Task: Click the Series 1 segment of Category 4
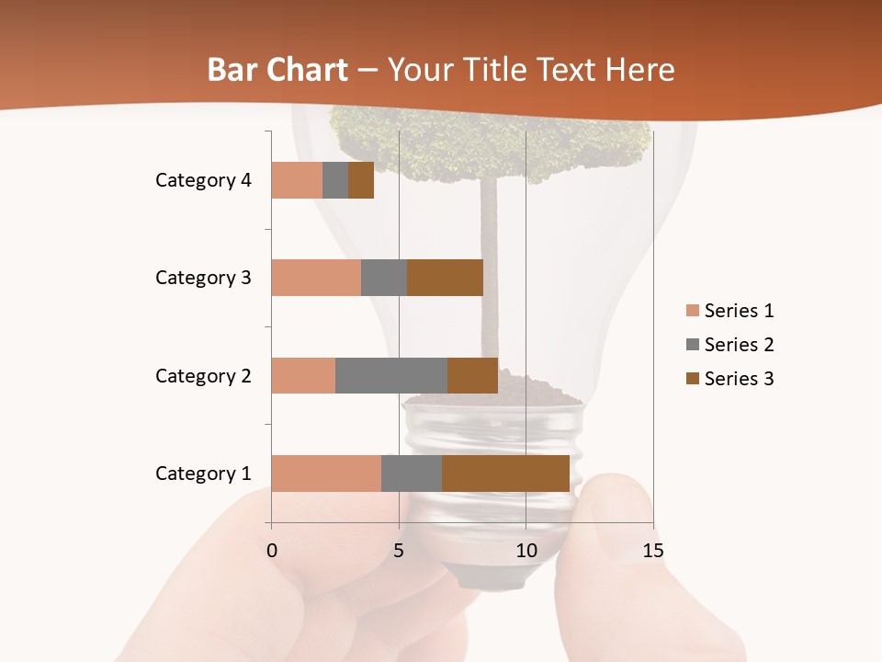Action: click(x=297, y=180)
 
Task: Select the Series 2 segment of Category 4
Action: click(x=335, y=180)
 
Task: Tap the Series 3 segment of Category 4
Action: click(x=361, y=180)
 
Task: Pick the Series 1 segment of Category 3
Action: click(x=316, y=278)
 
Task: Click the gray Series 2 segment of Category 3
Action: click(x=384, y=278)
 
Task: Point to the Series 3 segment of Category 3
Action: click(x=445, y=278)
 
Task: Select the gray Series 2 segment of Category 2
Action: click(x=391, y=375)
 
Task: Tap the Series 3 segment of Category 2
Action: click(x=472, y=375)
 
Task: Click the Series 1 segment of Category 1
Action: click(x=326, y=474)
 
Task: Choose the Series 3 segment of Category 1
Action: click(x=505, y=474)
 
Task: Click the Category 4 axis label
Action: click(x=203, y=180)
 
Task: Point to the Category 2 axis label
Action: click(x=203, y=375)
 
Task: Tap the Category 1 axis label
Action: click(x=203, y=474)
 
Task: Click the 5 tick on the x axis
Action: click(x=399, y=551)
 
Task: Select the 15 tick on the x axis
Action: click(x=652, y=551)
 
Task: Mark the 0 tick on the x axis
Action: click(x=272, y=551)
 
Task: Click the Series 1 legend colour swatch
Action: click(x=692, y=311)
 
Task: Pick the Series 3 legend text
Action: click(x=739, y=379)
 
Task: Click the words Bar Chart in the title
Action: click(x=277, y=70)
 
